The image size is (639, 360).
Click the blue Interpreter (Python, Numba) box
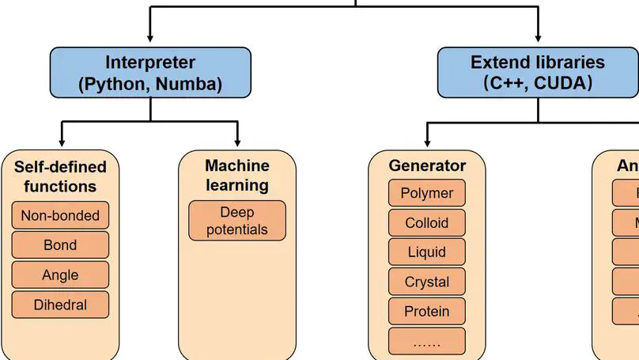[150, 73]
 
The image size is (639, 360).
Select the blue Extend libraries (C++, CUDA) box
[537, 73]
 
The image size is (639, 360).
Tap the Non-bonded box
[60, 215]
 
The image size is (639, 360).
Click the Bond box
[60, 245]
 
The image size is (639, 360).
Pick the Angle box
[60, 275]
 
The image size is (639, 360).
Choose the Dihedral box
[60, 304]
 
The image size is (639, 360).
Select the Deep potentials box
[237, 221]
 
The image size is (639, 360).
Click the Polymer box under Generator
[427, 193]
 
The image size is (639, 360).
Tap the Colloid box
[427, 223]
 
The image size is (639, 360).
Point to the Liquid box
[427, 252]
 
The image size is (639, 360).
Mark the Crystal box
[427, 282]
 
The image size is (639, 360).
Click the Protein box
[427, 311]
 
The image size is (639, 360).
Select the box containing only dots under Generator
[427, 341]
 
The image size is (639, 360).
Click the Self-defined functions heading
[60, 176]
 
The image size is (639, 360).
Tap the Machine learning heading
[237, 175]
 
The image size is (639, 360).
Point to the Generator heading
[427, 166]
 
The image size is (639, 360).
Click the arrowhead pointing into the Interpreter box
[150, 40]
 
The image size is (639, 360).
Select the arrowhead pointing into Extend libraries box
[538, 40]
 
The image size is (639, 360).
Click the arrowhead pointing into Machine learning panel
[237, 143]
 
